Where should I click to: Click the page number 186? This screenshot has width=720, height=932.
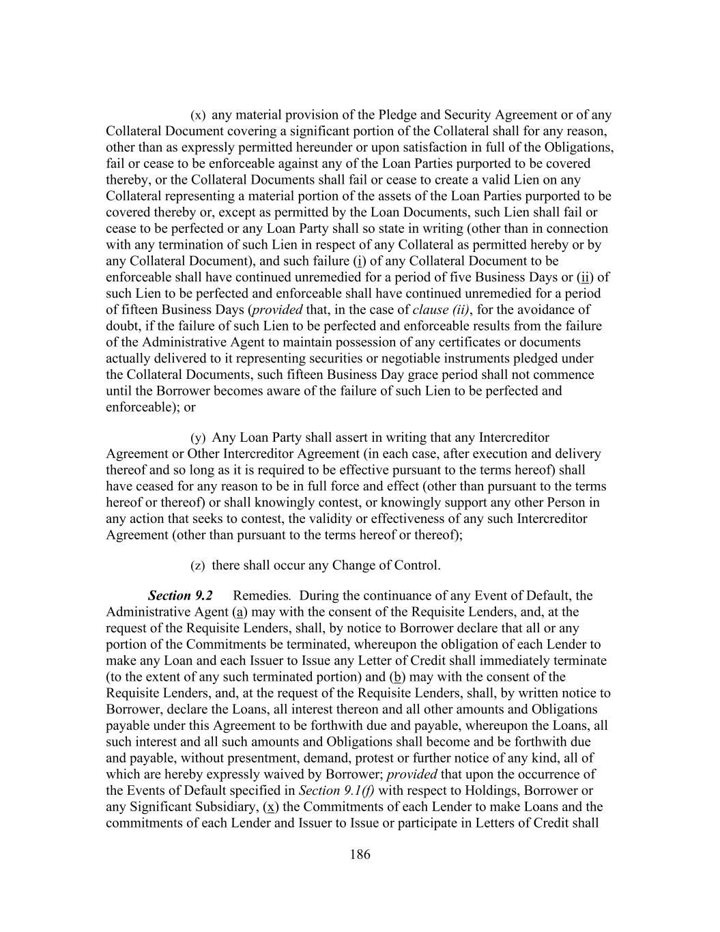click(x=360, y=854)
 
